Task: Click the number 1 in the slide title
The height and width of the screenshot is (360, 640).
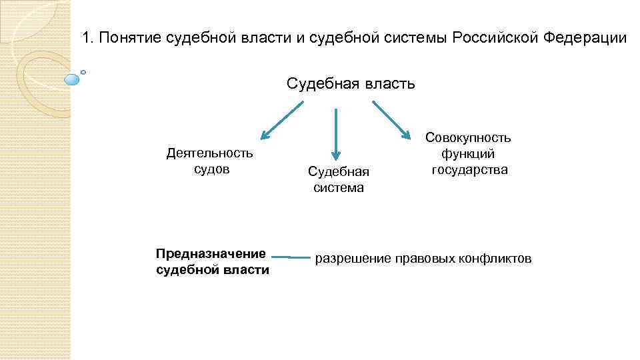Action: pos(86,37)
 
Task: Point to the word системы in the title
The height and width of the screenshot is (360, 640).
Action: pos(418,37)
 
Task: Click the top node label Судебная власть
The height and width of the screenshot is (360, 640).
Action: pos(351,84)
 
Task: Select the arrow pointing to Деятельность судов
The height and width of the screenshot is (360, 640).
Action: pos(281,121)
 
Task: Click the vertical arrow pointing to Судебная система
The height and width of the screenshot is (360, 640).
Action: pos(335,133)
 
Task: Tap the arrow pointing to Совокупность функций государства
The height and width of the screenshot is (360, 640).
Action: pos(391,120)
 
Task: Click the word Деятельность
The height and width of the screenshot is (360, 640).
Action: pos(209,153)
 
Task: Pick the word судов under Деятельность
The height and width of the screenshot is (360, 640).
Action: pos(211,169)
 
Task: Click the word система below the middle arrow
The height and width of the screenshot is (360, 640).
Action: pos(339,187)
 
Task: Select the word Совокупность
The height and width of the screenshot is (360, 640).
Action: pos(468,138)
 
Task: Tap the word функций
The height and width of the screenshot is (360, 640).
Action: pos(468,154)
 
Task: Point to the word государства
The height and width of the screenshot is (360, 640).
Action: pos(469,169)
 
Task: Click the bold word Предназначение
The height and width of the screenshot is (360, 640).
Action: pos(211,253)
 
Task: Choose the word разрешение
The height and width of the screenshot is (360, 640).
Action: pos(351,258)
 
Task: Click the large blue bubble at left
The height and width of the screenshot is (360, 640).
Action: pos(72,79)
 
